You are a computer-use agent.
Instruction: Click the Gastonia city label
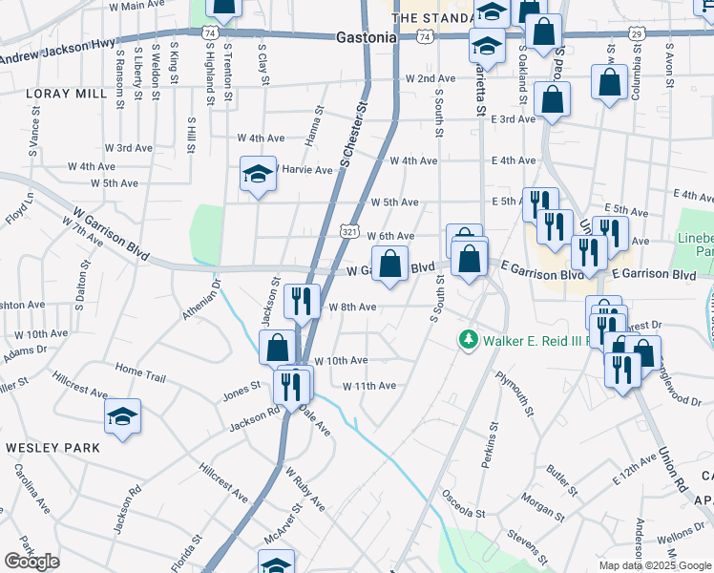[367, 37]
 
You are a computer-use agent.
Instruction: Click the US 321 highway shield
[349, 233]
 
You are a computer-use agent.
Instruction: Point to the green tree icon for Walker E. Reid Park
[468, 340]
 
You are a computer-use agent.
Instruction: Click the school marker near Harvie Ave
[257, 175]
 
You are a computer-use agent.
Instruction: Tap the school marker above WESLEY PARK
[122, 417]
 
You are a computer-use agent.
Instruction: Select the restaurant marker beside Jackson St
[302, 302]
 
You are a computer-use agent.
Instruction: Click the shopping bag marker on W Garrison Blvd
[389, 264]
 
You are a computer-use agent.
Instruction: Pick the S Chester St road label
[353, 135]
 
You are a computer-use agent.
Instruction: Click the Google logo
[31, 562]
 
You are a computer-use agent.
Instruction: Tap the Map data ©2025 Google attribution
[655, 565]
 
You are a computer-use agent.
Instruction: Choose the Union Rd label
[673, 468]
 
